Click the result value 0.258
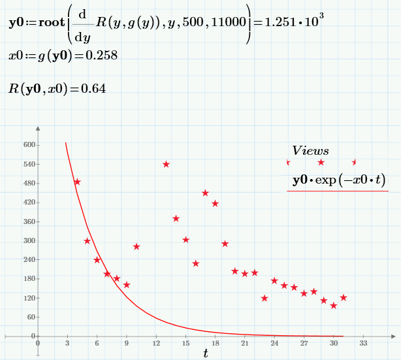[103, 56]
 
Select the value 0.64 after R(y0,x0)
[93, 88]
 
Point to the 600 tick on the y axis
[28, 145]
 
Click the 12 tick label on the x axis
[156, 343]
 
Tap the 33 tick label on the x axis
[363, 343]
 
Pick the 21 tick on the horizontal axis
[245, 343]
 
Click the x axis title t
[205, 353]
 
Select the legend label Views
[310, 151]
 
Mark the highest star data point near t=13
[166, 164]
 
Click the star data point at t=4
[77, 182]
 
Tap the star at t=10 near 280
[136, 246]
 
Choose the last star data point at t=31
[344, 297]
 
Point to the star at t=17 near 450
[205, 193]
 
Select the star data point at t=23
[265, 298]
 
